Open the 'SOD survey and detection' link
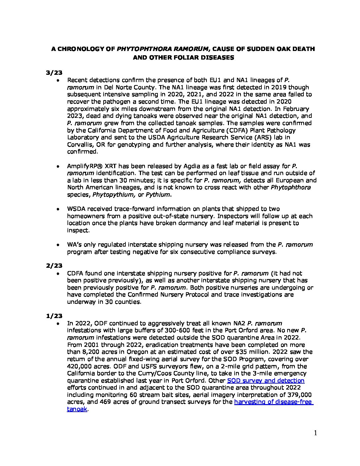click(266, 381)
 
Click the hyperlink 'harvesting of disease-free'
click(273, 402)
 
